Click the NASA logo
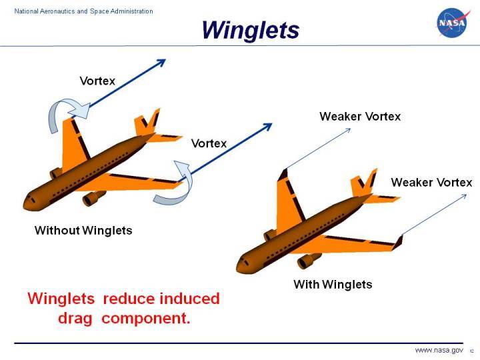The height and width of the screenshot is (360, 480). pyautogui.click(x=451, y=24)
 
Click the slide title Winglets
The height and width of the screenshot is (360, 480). pyautogui.click(x=250, y=30)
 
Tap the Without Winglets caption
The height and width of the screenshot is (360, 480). pyautogui.click(x=83, y=231)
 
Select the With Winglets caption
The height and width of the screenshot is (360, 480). pyautogui.click(x=333, y=285)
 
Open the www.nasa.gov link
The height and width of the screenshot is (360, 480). pyautogui.click(x=439, y=350)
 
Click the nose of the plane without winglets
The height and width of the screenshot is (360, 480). pyautogui.click(x=28, y=200)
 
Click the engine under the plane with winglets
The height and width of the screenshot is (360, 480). pyautogui.click(x=309, y=261)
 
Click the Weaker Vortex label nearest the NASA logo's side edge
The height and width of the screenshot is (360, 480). pyautogui.click(x=431, y=183)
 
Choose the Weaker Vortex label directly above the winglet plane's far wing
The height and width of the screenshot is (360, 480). pyautogui.click(x=360, y=117)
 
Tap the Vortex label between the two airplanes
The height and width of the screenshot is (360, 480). pyautogui.click(x=209, y=143)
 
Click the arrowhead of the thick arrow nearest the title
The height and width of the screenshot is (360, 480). pyautogui.click(x=160, y=63)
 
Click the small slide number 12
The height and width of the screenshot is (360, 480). pyautogui.click(x=471, y=351)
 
